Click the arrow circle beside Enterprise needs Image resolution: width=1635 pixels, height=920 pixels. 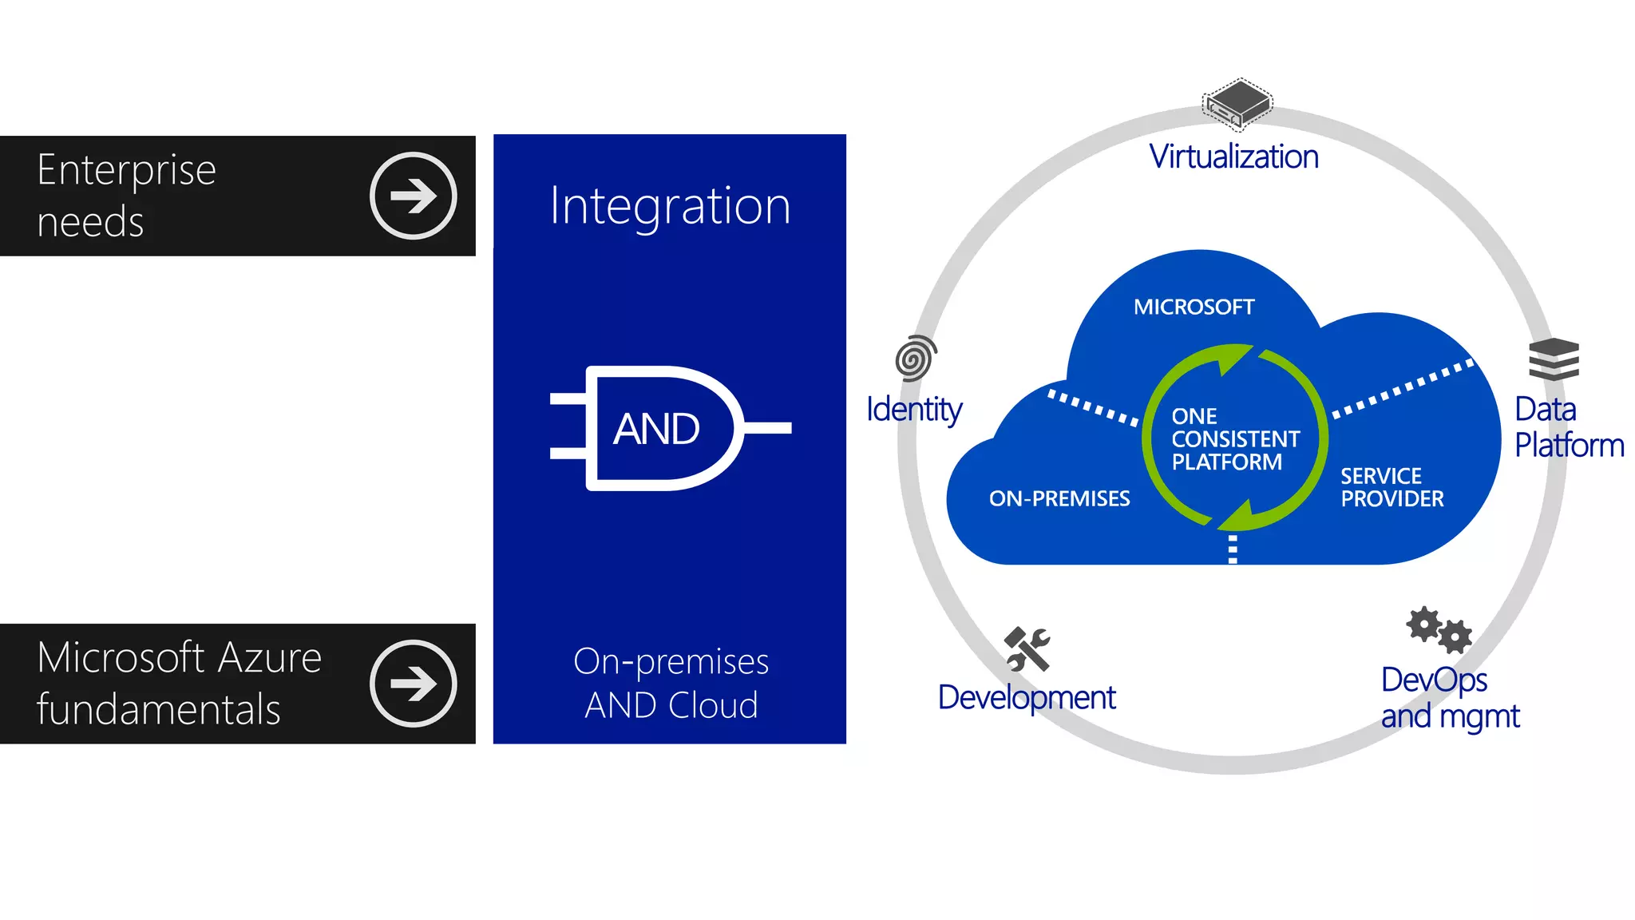(413, 196)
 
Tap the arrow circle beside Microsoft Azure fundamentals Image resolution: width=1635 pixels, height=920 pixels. (413, 684)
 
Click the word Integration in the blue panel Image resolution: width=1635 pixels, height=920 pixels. (670, 206)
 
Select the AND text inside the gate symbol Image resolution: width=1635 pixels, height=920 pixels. (656, 429)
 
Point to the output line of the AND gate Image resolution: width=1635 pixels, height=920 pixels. (768, 428)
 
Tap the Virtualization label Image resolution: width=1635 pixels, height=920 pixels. (1233, 157)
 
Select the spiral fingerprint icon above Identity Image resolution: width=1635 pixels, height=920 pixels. (915, 358)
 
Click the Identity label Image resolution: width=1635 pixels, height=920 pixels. (914, 410)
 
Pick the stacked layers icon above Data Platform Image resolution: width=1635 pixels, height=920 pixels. (1554, 359)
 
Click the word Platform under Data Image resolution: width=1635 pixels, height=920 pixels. (1569, 446)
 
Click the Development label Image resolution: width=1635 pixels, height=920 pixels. (1026, 698)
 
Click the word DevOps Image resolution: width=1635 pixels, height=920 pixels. (1434, 680)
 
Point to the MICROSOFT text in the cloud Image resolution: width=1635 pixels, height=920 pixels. (1194, 307)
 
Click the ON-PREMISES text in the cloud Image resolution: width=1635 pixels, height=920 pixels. (1059, 499)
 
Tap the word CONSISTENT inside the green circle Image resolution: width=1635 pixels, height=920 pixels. (1235, 439)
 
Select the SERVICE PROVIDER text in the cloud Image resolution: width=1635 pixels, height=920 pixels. (1392, 488)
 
